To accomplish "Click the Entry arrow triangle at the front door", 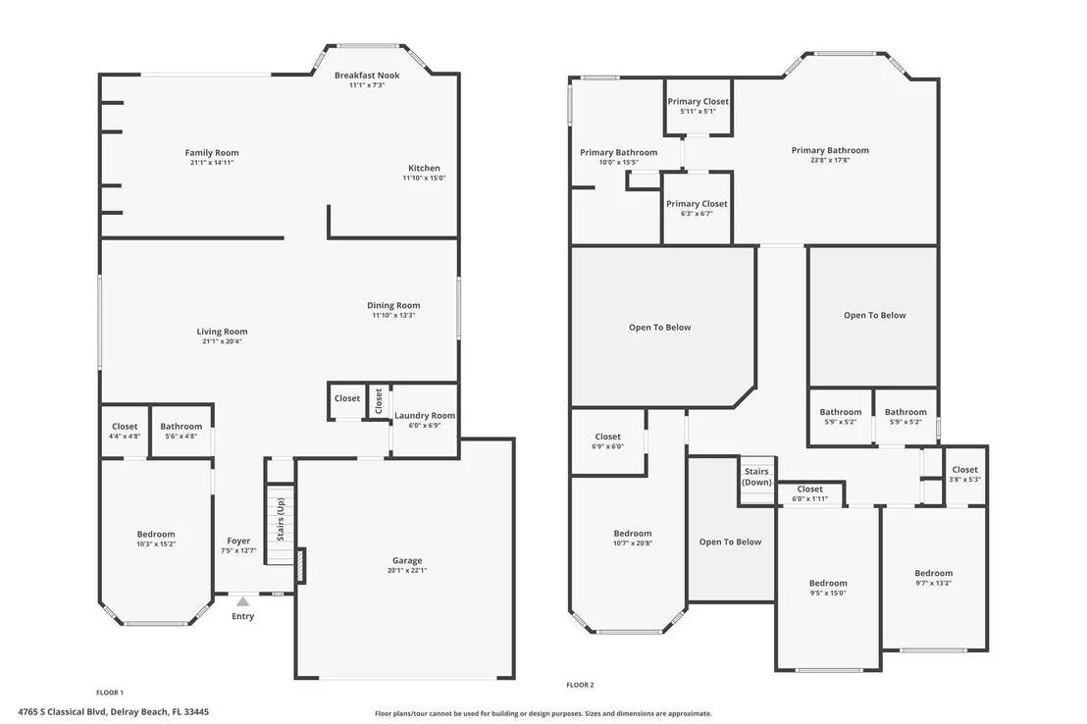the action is [x=242, y=602].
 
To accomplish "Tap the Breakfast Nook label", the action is [x=367, y=75].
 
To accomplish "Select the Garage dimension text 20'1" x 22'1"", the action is [x=407, y=571].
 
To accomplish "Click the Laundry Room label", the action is [x=424, y=415].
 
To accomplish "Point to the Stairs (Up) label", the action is [x=281, y=519].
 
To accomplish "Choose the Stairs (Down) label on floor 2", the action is [x=756, y=477].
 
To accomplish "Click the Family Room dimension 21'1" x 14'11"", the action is [x=212, y=163].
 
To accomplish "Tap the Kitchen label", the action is [x=424, y=168].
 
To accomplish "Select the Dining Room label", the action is [x=393, y=305].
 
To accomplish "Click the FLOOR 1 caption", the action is [x=110, y=693].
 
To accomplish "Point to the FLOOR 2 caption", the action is [x=580, y=685].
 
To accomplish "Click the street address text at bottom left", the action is [x=113, y=711].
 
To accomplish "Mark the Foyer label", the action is [x=238, y=541].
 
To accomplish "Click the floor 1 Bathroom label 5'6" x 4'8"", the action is [x=181, y=427].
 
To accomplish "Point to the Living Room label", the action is [x=222, y=332].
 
